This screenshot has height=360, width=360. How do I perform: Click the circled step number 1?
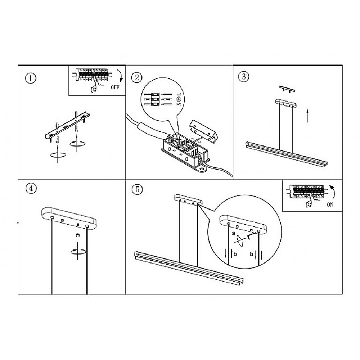[31, 78]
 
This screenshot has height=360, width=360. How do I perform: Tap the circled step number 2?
[137, 78]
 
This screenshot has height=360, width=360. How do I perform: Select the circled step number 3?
[244, 76]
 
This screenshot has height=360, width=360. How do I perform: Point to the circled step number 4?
[31, 189]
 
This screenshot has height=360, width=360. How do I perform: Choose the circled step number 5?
[137, 190]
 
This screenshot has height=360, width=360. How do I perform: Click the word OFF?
[115, 87]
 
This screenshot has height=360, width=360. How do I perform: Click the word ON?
[330, 204]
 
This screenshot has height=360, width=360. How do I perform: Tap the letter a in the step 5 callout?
[234, 234]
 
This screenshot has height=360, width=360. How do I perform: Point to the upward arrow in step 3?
[307, 116]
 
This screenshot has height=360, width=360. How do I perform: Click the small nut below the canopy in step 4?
[77, 235]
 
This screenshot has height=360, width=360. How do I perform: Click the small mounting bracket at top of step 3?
[287, 89]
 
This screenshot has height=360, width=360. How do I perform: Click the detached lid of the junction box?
[203, 131]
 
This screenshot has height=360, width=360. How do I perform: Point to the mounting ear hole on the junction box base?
[202, 169]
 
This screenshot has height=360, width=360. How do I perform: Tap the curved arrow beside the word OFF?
[120, 76]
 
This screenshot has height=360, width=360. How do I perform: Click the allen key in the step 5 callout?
[252, 235]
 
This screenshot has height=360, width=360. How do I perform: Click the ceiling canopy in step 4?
[69, 219]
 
